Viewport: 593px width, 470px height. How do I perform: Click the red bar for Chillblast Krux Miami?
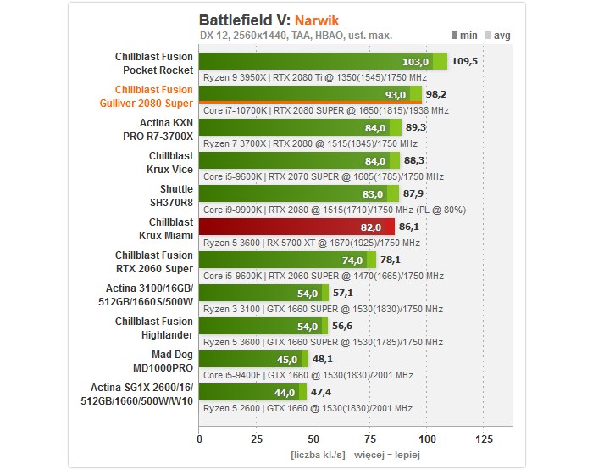click(296, 227)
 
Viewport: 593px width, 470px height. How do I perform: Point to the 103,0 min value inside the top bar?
click(415, 62)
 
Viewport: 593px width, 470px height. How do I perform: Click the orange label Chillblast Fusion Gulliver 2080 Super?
click(153, 96)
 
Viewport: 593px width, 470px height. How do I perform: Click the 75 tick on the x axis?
click(370, 439)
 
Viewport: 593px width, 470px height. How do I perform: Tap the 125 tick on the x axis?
click(484, 439)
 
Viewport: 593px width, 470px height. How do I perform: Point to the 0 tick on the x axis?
click(199, 439)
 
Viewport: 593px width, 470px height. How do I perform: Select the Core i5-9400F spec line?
click(307, 375)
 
